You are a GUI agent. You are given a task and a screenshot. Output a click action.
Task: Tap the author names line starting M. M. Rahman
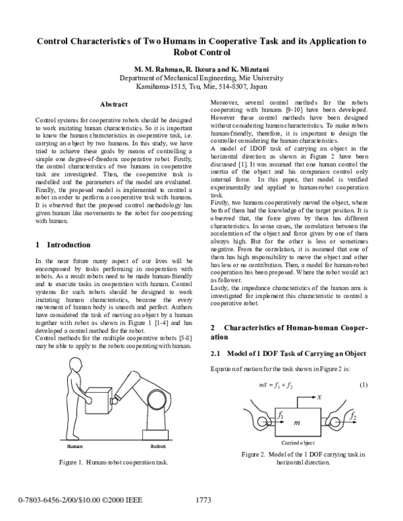(201, 69)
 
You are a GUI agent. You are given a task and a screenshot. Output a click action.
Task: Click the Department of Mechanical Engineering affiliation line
(201, 78)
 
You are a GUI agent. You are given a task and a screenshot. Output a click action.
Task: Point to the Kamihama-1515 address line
(201, 87)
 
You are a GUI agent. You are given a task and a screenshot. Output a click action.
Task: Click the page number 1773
(204, 500)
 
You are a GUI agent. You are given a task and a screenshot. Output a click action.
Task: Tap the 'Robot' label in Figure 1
(159, 445)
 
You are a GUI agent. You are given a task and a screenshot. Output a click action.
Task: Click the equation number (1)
(363, 385)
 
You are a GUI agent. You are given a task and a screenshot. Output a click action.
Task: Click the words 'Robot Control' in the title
(201, 52)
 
